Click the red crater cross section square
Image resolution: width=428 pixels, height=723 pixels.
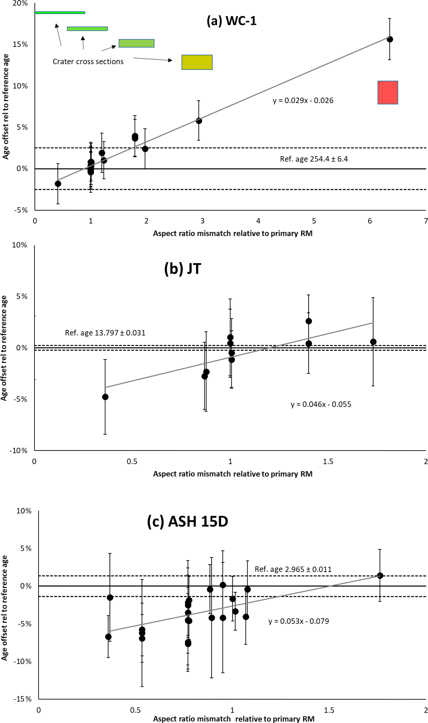point(388,92)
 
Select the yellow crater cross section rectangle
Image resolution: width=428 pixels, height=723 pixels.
point(197,62)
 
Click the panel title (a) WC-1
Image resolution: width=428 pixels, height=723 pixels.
point(231,21)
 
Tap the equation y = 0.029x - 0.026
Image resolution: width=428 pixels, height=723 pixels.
point(303,101)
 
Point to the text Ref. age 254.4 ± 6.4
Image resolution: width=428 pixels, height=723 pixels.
point(314,159)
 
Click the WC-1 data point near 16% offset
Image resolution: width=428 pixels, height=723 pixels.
point(390,39)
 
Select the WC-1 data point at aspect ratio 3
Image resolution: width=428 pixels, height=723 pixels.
point(199,121)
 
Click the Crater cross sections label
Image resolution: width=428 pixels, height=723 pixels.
point(88,62)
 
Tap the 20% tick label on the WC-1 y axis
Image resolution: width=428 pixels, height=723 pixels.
point(20,4)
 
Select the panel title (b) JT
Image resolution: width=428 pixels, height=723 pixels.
point(183,269)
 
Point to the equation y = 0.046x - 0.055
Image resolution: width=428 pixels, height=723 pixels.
point(321,404)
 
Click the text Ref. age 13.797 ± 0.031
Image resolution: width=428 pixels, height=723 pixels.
point(105,333)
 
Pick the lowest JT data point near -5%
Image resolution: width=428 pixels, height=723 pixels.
point(105,397)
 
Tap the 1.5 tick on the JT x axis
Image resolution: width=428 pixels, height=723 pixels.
point(328,461)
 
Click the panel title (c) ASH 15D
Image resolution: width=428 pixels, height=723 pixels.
point(187,522)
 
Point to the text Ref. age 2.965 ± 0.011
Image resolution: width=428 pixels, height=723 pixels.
point(293,569)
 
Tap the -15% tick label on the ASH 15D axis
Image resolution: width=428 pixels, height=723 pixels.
point(23,699)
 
